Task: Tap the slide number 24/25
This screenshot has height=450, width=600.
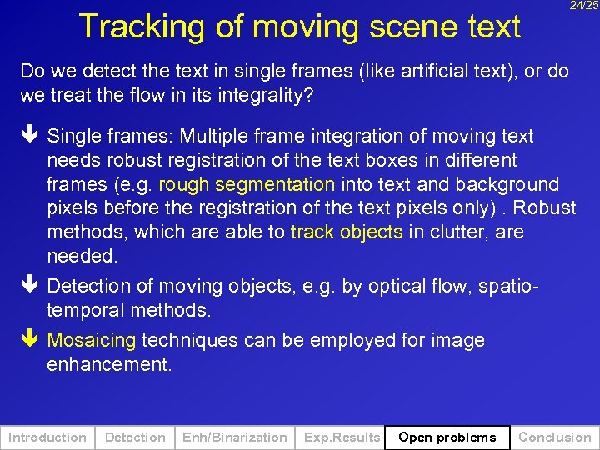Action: [x=584, y=6]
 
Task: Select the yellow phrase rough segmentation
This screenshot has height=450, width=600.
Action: [x=247, y=184]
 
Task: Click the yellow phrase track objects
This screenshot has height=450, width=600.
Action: [x=347, y=232]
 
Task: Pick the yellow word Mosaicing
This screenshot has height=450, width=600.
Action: [x=92, y=340]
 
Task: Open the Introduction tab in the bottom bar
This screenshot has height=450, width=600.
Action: [x=47, y=437]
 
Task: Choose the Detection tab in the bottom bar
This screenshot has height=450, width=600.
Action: [x=135, y=437]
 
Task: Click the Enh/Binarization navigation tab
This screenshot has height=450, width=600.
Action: [x=234, y=437]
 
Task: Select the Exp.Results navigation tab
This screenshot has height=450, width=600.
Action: [x=342, y=437]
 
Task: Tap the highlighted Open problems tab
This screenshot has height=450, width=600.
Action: [x=447, y=437]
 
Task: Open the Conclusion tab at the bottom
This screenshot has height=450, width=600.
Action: [x=555, y=437]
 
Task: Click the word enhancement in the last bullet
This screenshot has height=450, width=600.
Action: [x=108, y=364]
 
